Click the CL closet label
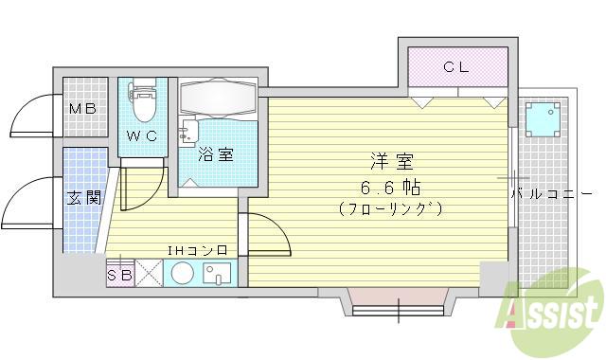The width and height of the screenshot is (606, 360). [x=457, y=67]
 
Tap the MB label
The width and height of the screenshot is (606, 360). [x=81, y=110]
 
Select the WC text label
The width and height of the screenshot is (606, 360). [x=142, y=135]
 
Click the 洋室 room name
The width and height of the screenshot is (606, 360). [x=391, y=162]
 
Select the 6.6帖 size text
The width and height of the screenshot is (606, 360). [x=391, y=185]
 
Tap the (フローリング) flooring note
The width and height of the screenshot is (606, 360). [x=391, y=207]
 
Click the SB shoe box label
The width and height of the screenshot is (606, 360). [x=119, y=275]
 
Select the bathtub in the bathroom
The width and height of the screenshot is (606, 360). [x=217, y=99]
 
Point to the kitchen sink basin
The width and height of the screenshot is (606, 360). [x=218, y=275]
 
